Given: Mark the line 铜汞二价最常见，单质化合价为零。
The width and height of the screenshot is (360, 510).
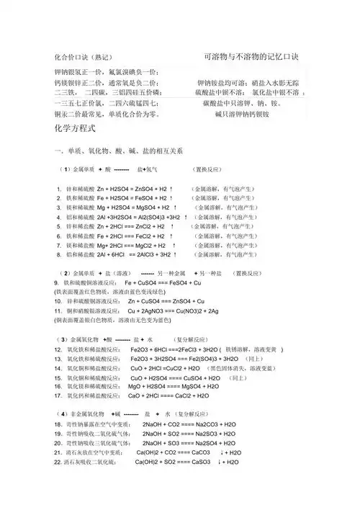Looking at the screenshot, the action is pos(107,114).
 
